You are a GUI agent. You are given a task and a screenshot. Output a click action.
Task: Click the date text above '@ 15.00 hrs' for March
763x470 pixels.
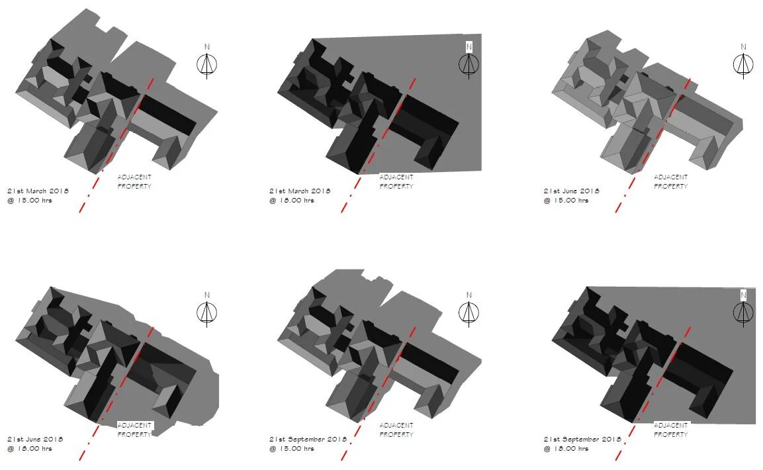pos(38,191)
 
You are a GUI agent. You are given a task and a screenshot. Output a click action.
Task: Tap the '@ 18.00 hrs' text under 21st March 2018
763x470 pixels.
pos(292,201)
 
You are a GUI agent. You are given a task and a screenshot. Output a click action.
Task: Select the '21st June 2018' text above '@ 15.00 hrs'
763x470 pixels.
pos(572,191)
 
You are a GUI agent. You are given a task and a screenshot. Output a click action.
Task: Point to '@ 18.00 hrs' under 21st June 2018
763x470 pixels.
pos(30,449)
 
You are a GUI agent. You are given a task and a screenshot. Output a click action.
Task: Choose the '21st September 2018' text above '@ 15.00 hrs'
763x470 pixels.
pos(308,440)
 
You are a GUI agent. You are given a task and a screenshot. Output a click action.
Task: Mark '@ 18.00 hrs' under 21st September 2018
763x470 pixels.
pos(566,449)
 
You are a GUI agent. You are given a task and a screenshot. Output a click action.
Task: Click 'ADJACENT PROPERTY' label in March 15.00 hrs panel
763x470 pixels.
pos(134,181)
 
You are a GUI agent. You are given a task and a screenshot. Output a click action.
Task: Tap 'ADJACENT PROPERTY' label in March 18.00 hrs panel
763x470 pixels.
pos(396,181)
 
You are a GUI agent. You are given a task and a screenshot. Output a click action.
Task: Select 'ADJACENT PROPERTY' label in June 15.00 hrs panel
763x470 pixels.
pos(671,181)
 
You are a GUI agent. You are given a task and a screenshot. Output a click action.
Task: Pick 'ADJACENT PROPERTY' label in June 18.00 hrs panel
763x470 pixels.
pos(134,430)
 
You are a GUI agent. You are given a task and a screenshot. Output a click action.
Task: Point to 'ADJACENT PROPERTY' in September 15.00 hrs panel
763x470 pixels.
pos(396,430)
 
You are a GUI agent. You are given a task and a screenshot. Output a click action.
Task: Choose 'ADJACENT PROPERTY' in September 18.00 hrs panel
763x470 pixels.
pos(671,430)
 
